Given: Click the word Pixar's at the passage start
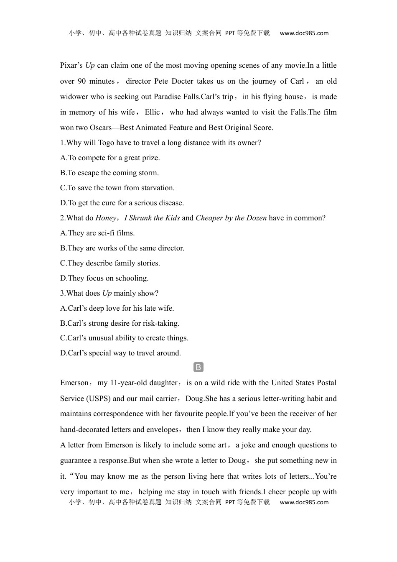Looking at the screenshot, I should (x=71, y=65).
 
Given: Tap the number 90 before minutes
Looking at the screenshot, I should (x=81, y=81).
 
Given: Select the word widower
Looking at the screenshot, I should (x=74, y=97).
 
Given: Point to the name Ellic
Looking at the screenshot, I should (x=152, y=112).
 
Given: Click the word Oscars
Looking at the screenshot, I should (x=101, y=128).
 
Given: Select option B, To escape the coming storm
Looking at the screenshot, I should (x=109, y=173).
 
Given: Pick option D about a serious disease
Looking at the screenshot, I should (x=122, y=203).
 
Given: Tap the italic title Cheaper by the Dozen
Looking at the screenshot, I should (x=231, y=218).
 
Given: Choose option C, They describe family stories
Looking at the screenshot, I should (x=110, y=263).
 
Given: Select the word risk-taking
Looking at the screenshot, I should (x=161, y=323).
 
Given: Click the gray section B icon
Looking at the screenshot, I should (x=198, y=368).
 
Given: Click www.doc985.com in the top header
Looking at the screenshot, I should (x=304, y=33).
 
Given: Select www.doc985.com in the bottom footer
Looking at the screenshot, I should (x=304, y=502).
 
